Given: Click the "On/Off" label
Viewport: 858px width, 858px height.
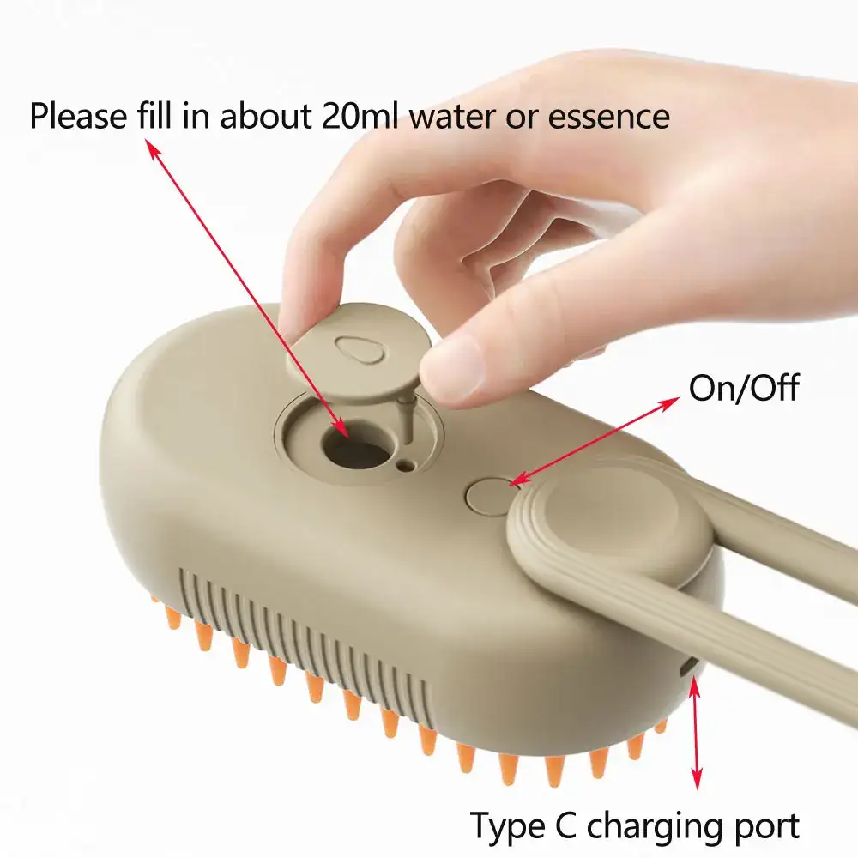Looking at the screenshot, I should point(743,388).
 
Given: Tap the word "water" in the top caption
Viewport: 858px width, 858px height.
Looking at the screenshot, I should point(452,115).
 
